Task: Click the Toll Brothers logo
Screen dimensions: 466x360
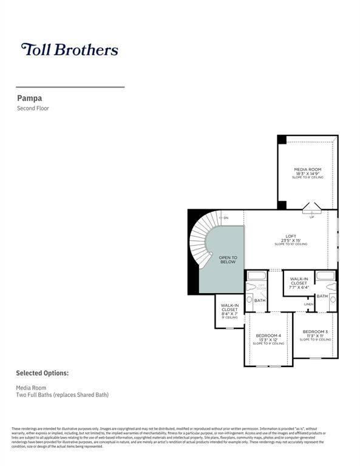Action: [x=69, y=49]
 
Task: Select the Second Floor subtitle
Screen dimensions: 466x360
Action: [x=33, y=109]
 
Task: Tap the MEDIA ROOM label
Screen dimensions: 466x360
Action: [x=307, y=169]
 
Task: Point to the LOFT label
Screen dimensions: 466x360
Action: [x=291, y=236]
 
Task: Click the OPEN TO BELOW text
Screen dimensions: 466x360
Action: [x=228, y=260]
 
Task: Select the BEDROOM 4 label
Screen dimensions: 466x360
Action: [x=268, y=336]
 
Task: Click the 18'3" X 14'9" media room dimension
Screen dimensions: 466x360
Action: [x=307, y=174]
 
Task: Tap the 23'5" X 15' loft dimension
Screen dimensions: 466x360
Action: [x=291, y=240]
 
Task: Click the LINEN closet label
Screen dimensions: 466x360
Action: [x=309, y=304]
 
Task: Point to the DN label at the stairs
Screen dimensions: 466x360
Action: [x=225, y=218]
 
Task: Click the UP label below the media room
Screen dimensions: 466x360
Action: [x=311, y=217]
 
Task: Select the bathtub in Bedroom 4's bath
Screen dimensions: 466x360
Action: [x=254, y=276]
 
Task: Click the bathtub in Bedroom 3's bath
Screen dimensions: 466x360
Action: [x=325, y=276]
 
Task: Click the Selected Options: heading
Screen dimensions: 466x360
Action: [x=42, y=373]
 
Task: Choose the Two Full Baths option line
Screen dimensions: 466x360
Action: [x=62, y=395]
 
